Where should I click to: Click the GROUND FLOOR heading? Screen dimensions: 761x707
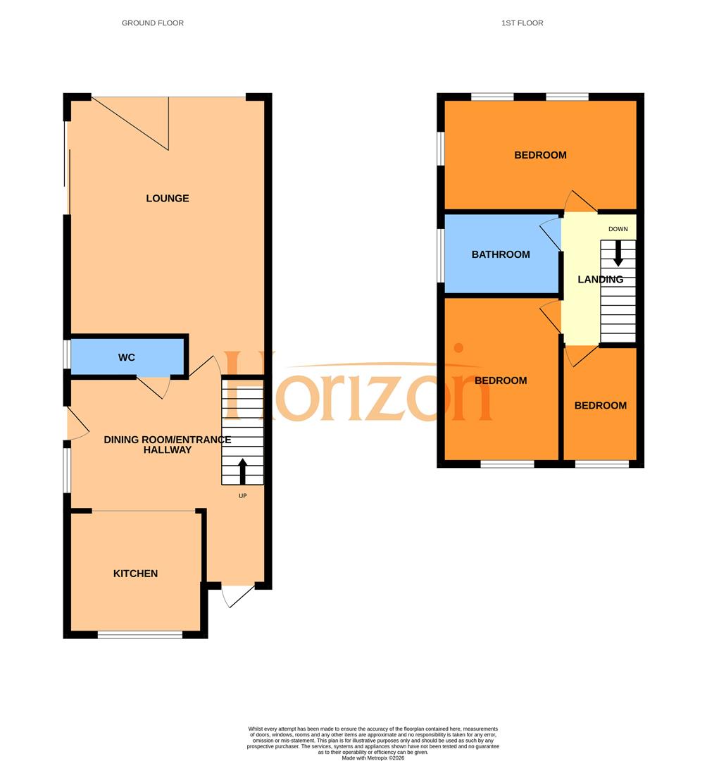point(153,23)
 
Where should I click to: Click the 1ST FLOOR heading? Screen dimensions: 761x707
point(522,23)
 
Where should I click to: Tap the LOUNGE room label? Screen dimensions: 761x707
point(168,199)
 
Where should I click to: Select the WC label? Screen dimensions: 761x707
point(126,358)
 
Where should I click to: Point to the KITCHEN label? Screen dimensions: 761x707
point(135,574)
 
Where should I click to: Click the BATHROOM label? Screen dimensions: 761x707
point(501,254)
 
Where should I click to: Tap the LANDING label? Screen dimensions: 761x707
point(600,280)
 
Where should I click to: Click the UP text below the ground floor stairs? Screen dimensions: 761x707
point(243,495)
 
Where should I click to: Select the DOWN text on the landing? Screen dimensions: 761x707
point(618,229)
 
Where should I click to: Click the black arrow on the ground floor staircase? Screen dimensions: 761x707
point(243,471)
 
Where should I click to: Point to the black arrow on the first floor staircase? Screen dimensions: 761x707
point(618,254)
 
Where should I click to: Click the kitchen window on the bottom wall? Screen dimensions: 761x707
point(139,635)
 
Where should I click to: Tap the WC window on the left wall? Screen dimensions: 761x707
point(67,354)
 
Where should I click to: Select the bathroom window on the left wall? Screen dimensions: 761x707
point(441,255)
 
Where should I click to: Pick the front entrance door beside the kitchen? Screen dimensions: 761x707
point(237,595)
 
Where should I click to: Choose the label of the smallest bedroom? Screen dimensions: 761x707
point(600,406)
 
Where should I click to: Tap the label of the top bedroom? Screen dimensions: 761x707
point(540,156)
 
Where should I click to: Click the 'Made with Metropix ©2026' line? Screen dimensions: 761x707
point(373,757)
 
